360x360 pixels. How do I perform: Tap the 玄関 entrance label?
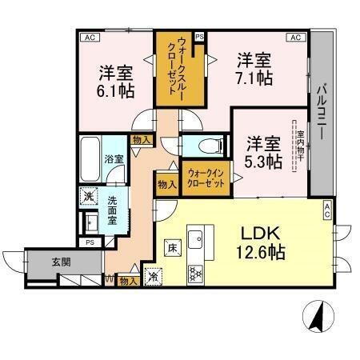pos(39,261)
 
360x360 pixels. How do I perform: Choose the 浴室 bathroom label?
pos(114,158)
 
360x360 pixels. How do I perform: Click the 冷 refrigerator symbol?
pos(152,277)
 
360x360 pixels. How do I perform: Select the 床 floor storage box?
pos(171,246)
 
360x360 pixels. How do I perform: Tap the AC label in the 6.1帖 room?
pos(88,37)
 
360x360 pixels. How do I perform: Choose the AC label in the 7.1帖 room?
pos(294,37)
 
